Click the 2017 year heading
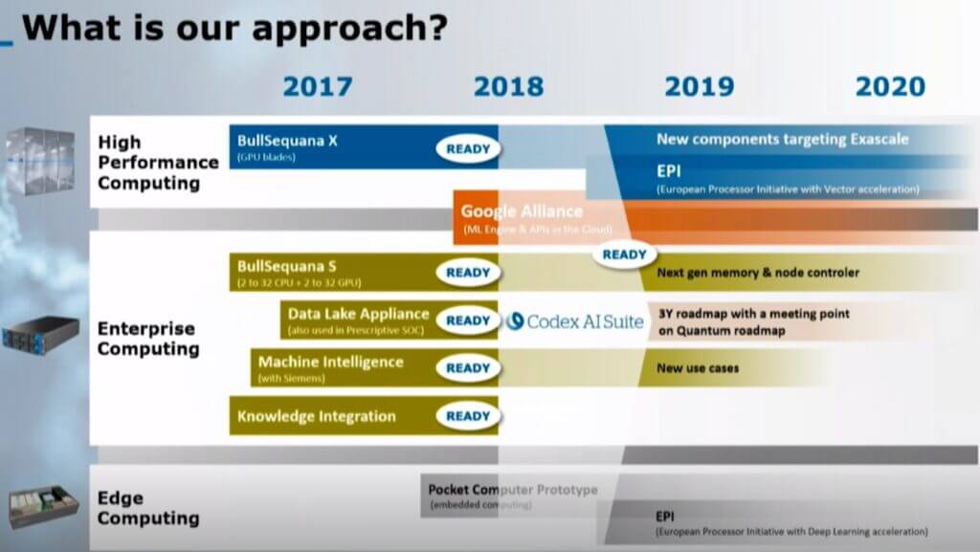(x=317, y=86)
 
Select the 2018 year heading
(x=508, y=86)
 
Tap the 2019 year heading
(x=700, y=86)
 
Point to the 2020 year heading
(x=890, y=86)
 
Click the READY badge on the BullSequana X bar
(x=468, y=148)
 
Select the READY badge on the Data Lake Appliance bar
(x=468, y=320)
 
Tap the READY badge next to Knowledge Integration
(x=468, y=416)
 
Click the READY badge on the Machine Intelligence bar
(x=468, y=368)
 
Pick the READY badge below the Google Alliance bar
(x=624, y=254)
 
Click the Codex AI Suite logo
(x=574, y=321)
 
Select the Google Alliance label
(x=522, y=211)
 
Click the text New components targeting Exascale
(x=782, y=140)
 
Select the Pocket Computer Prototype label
(x=512, y=490)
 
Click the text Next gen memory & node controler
(x=758, y=273)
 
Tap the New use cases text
(x=698, y=367)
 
